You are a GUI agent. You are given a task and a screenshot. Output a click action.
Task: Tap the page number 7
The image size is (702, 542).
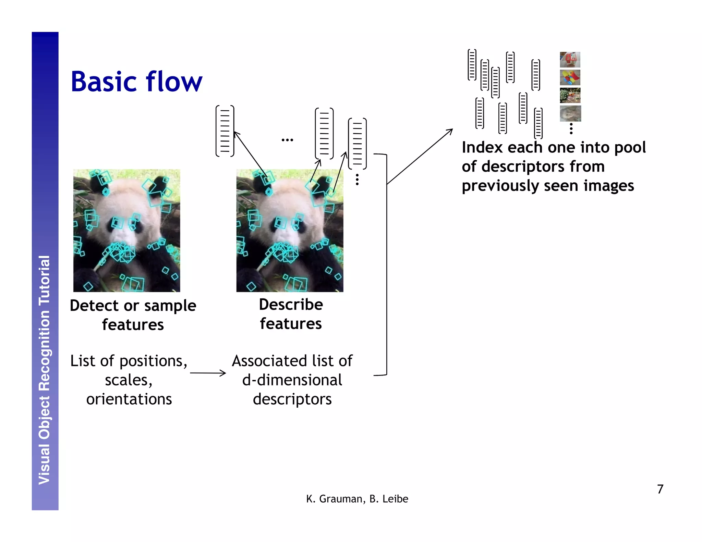[660, 489]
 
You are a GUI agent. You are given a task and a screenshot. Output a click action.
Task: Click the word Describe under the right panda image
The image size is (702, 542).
[291, 305]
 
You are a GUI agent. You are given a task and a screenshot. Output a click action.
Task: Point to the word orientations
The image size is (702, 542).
[129, 399]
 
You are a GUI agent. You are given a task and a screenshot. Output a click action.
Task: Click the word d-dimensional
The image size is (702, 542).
[292, 380]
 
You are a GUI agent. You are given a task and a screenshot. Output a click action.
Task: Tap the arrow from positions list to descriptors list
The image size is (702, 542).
[208, 373]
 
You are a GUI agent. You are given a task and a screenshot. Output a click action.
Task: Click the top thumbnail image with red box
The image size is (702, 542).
[570, 60]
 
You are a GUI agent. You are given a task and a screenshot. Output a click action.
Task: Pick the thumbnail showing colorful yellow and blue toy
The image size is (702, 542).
[570, 77]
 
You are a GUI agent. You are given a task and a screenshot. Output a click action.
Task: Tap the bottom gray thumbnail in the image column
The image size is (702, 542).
[570, 113]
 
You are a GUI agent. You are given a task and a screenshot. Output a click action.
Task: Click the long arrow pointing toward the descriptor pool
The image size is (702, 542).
[420, 157]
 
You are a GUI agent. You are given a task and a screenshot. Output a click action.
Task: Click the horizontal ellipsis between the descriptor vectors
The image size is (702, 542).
[287, 140]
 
